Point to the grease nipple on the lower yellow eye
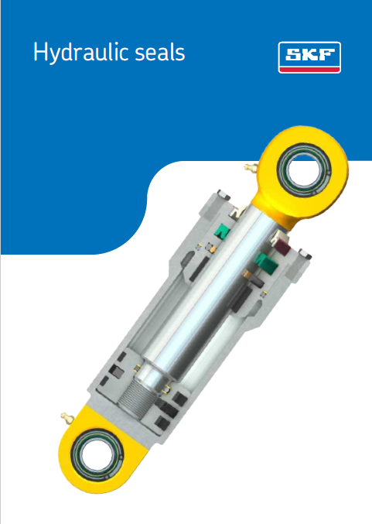(66, 418)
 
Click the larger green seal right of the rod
(264, 263)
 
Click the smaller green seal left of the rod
(223, 230)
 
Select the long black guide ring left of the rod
(200, 268)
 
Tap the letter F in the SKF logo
(325, 55)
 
